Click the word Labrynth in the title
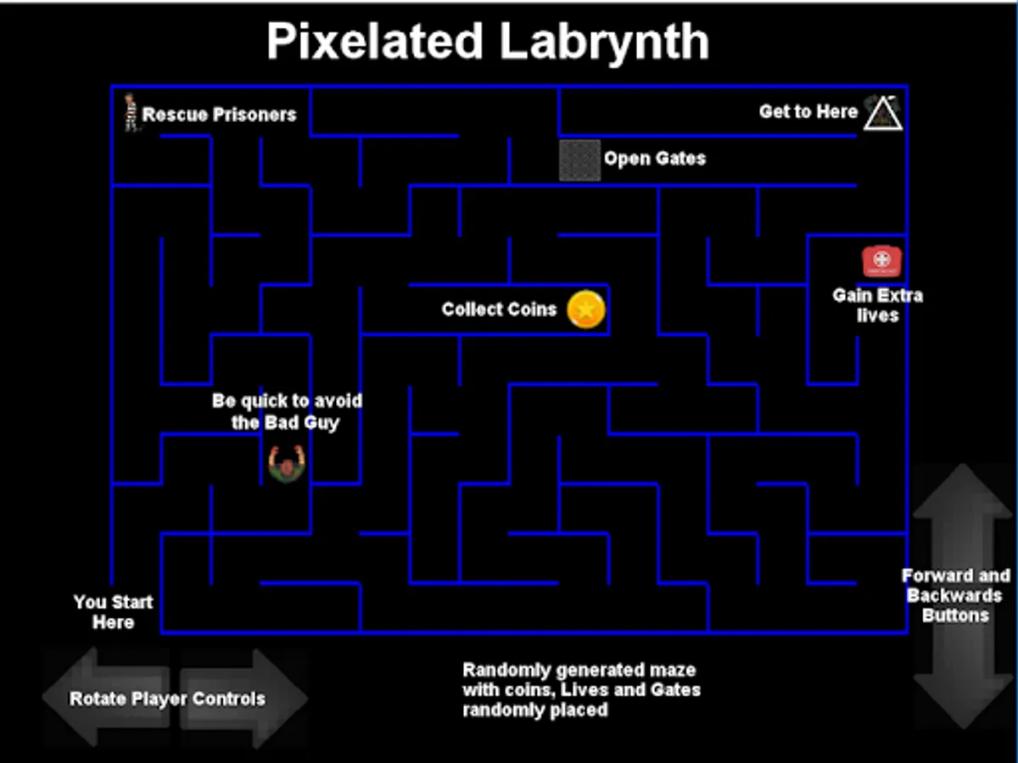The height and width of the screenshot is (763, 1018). (604, 41)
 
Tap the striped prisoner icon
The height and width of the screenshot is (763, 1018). (131, 112)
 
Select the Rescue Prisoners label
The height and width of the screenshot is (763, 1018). (220, 114)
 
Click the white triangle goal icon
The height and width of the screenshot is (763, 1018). (882, 113)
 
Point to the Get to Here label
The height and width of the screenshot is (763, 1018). (808, 112)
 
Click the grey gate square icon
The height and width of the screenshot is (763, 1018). (580, 159)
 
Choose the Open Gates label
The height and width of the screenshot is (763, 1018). (654, 159)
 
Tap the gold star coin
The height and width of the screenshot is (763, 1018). (586, 309)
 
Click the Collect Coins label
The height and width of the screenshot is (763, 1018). (499, 309)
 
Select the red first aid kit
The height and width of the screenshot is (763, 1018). (881, 261)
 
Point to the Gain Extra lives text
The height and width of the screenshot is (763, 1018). (877, 305)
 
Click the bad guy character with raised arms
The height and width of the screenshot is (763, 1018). (286, 464)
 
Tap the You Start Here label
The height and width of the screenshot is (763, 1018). (113, 612)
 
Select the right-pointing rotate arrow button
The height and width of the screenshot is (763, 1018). (255, 698)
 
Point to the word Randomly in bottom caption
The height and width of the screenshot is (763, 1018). (501, 670)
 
